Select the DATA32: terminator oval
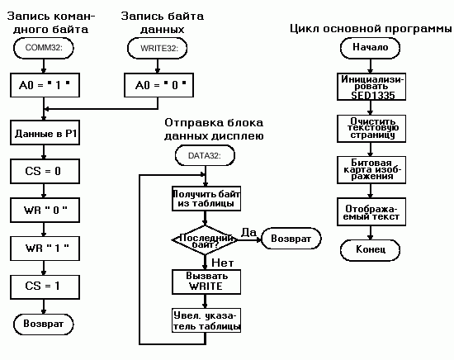tap(204, 154)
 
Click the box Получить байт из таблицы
tap(204, 198)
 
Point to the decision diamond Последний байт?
tap(204, 239)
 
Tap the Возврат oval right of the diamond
tap(287, 239)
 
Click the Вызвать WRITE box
tap(204, 281)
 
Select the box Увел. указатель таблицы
tap(204, 320)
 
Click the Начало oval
tap(370, 48)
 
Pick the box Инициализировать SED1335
tap(370, 85)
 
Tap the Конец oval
tap(370, 249)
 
